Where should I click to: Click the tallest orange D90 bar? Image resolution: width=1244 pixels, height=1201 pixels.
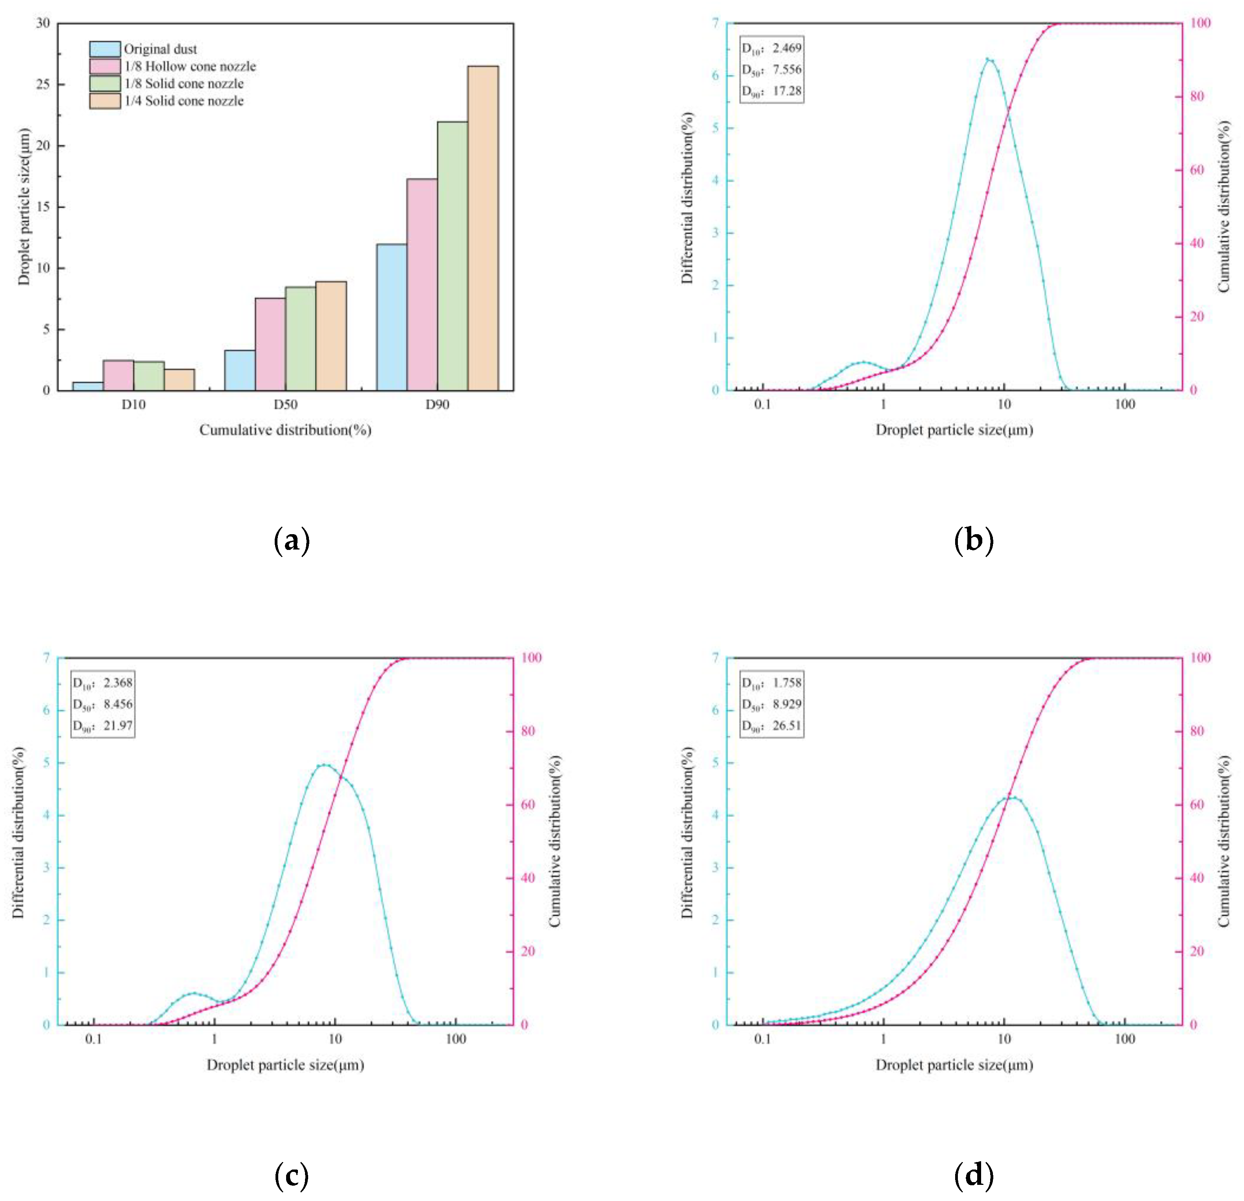[483, 229]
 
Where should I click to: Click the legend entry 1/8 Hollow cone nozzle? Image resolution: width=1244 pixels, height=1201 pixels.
[190, 66]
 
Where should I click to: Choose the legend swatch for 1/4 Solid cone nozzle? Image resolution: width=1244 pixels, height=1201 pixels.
[105, 101]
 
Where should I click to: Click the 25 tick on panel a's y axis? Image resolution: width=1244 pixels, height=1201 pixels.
[43, 84]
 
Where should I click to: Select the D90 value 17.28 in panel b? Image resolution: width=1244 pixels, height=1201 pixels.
[787, 91]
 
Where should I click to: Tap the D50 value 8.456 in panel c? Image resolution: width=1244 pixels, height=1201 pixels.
[118, 704]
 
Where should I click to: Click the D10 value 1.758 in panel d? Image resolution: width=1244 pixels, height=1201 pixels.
[787, 683]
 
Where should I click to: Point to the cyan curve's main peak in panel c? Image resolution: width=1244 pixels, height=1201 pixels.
[324, 764]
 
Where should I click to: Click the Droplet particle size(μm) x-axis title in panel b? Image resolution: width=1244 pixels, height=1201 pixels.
[954, 430]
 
